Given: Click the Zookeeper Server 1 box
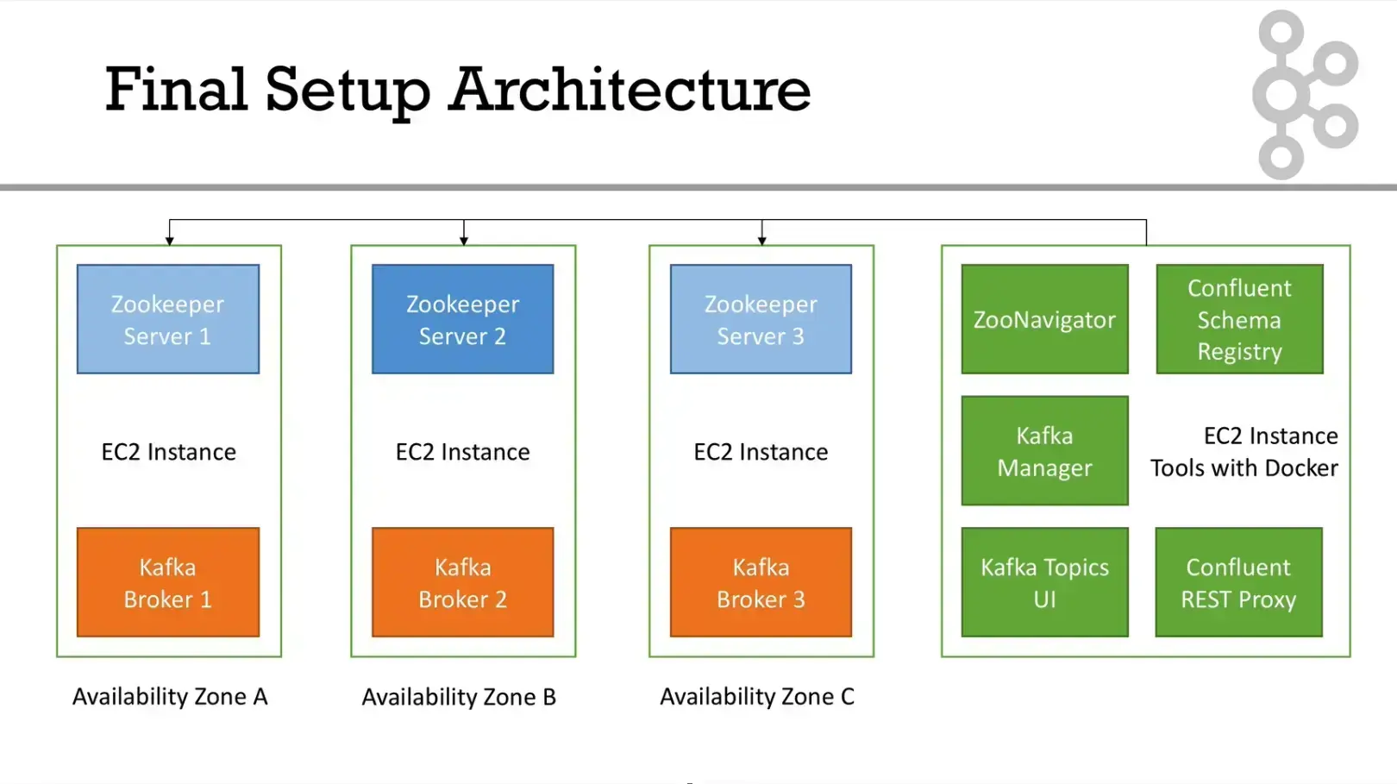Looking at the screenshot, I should (168, 319).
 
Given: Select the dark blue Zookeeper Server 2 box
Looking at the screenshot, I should (462, 319).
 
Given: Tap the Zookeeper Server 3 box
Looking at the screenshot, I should (761, 319).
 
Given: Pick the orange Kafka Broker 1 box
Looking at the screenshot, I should (168, 582).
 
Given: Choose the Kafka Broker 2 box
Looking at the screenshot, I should (462, 582).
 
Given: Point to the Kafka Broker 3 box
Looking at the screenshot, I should (761, 582).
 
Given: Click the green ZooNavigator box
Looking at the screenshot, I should (1044, 319).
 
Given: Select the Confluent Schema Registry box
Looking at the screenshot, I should (1239, 319).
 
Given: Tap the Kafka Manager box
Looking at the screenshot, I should (1044, 450).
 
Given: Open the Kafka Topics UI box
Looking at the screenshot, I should (1044, 582).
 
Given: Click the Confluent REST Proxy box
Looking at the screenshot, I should (1238, 582).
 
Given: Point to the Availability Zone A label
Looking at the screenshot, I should (170, 696).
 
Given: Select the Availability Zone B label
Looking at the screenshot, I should (459, 696).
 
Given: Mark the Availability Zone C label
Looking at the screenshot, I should (757, 696).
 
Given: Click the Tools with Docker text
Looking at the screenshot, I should (1244, 467).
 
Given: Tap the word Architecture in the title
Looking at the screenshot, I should (630, 89).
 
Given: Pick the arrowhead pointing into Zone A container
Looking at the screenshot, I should (170, 241).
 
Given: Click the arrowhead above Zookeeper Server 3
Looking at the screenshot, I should (761, 241).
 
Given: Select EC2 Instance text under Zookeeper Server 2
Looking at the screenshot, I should (462, 451).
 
